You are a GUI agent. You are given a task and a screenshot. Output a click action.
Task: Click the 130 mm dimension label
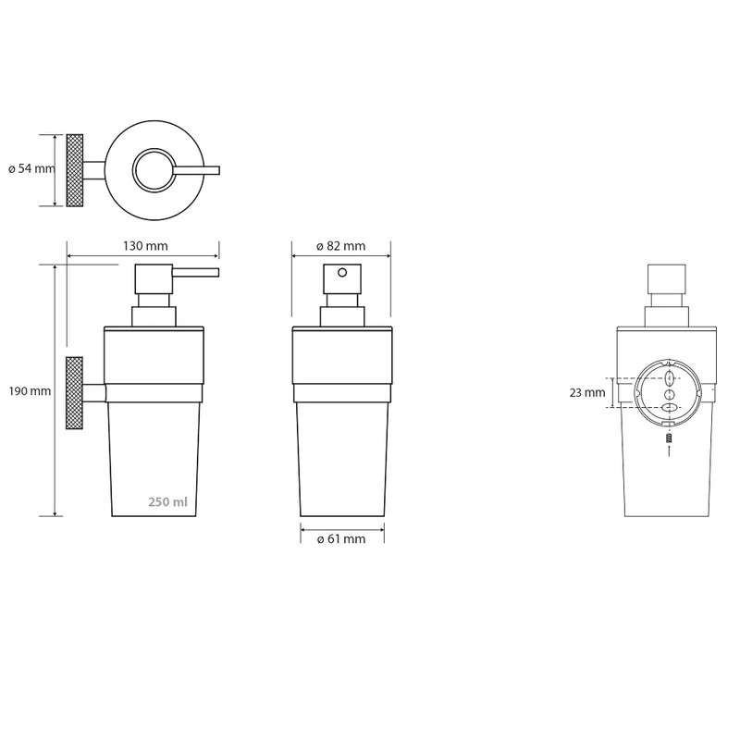pyautogui.click(x=145, y=246)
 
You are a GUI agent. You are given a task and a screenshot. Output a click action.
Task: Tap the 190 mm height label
pyautogui.click(x=30, y=390)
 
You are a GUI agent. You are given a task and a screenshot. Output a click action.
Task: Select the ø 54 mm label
pyautogui.click(x=31, y=168)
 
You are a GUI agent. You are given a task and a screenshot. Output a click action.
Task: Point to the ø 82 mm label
pyautogui.click(x=340, y=246)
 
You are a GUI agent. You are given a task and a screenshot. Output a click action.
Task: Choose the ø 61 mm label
pyautogui.click(x=341, y=539)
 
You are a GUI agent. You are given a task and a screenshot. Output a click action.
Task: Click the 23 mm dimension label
pyautogui.click(x=587, y=392)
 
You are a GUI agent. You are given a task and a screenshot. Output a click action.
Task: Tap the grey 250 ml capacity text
pyautogui.click(x=167, y=501)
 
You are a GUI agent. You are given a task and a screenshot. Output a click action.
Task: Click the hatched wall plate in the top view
pyautogui.click(x=75, y=170)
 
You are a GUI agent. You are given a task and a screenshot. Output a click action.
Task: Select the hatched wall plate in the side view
pyautogui.click(x=75, y=392)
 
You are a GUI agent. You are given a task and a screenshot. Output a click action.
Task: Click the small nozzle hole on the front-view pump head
pyautogui.click(x=342, y=272)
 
